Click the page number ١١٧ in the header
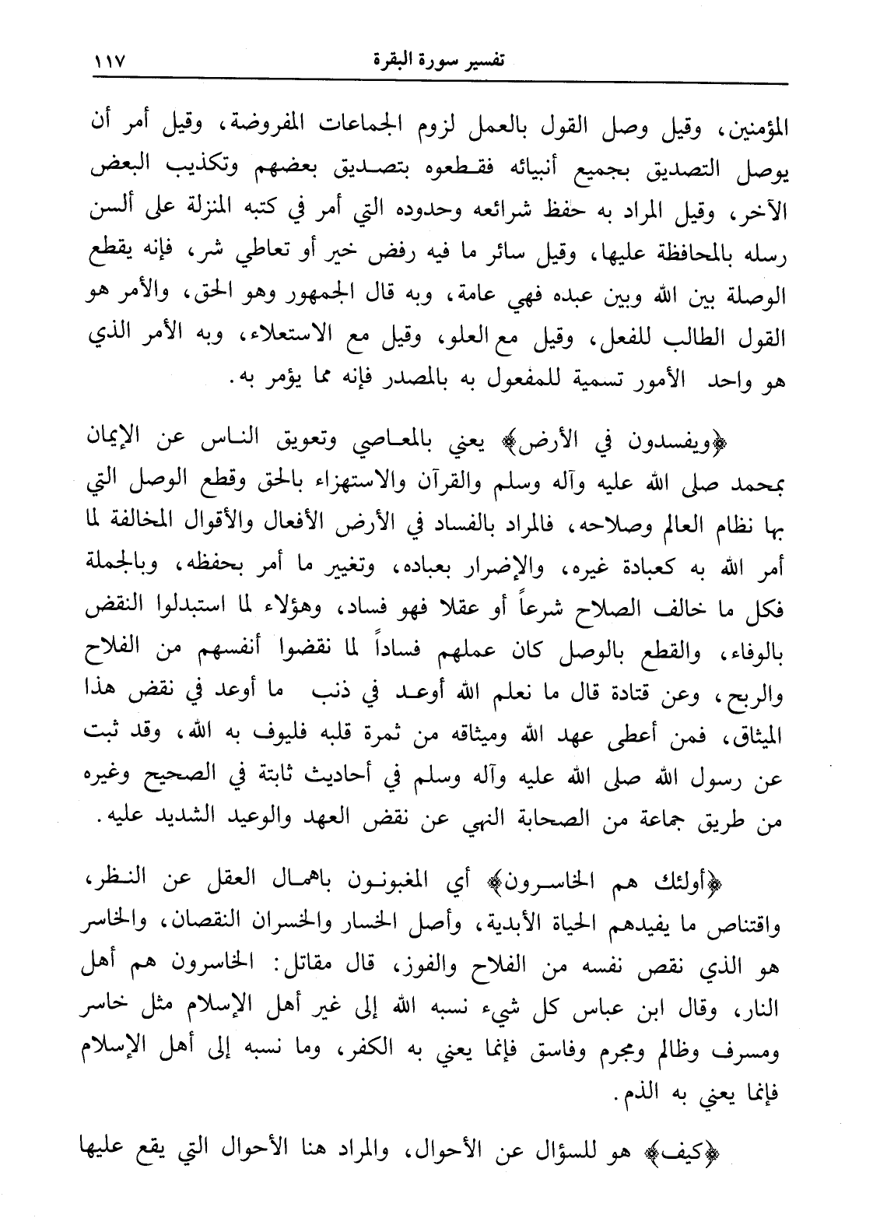coord(108,60)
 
